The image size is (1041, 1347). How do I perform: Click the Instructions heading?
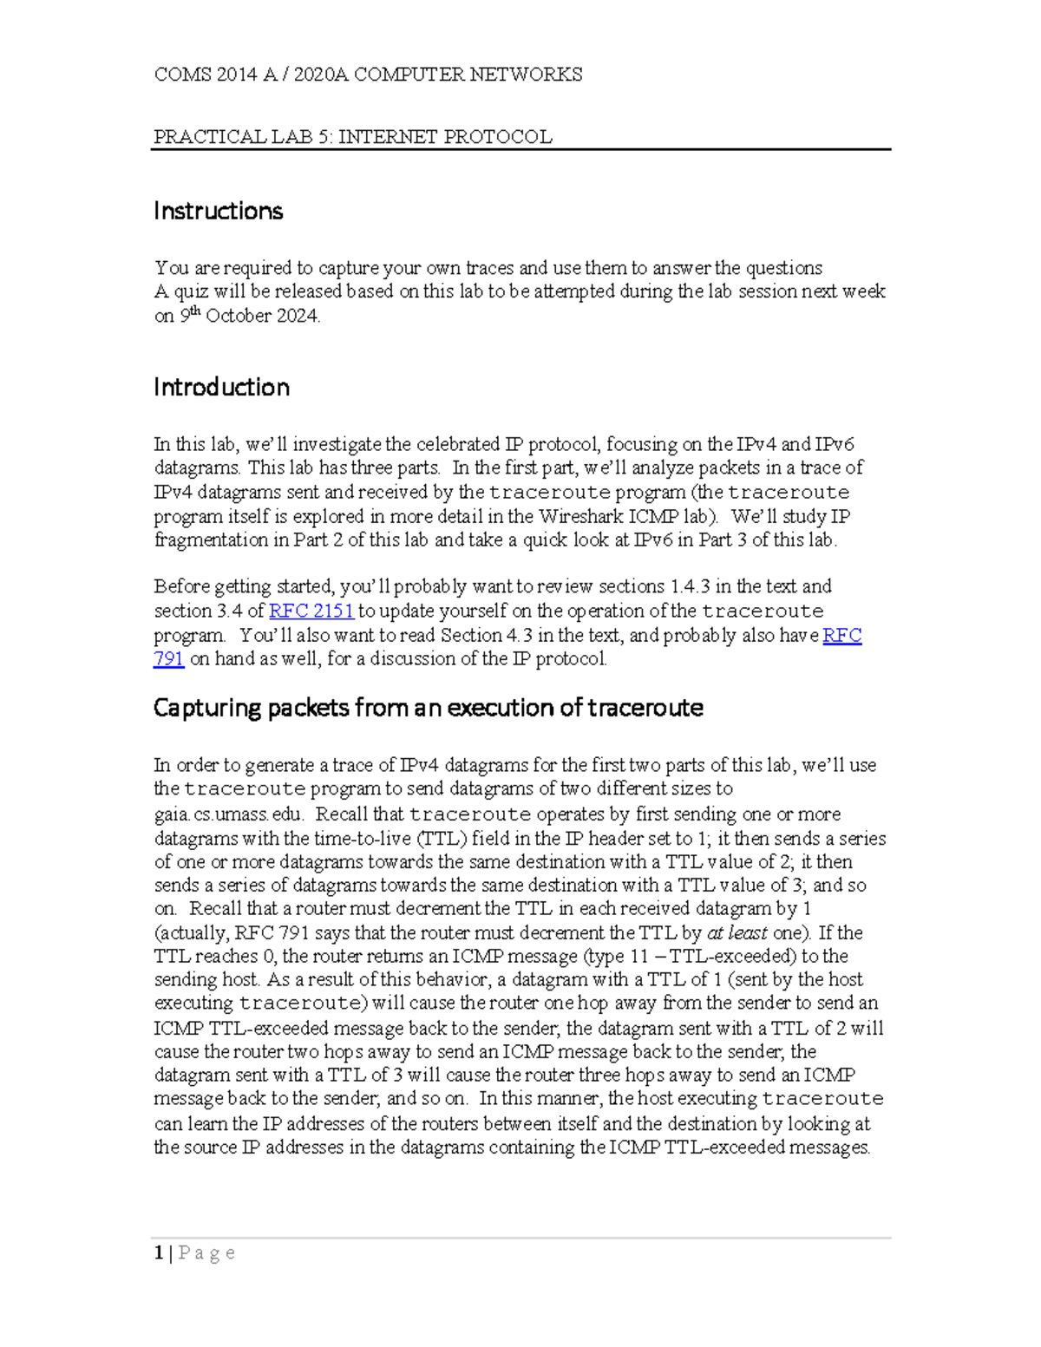click(218, 211)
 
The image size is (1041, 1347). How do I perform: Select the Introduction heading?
click(221, 387)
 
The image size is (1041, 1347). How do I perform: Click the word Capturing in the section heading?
click(207, 708)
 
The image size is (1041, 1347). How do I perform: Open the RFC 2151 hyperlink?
click(311, 611)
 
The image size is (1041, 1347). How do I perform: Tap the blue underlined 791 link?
click(168, 659)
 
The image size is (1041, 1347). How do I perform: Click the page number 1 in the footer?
click(159, 1252)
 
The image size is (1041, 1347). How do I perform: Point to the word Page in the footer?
click(206, 1252)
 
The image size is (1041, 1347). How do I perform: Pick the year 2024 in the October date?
click(298, 316)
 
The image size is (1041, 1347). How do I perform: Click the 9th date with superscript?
click(189, 315)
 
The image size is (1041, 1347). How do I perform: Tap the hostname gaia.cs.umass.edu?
click(229, 814)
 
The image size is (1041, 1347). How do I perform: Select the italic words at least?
click(737, 933)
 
